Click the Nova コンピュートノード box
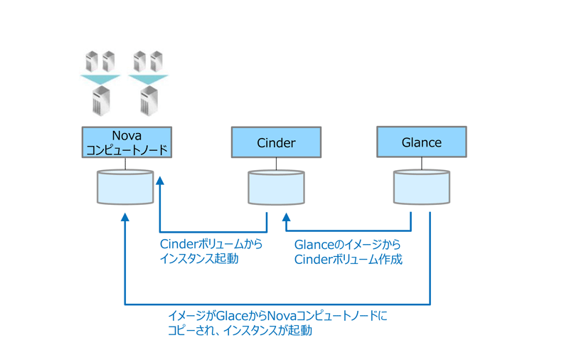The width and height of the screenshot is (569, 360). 127,142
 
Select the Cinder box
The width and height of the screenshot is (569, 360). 276,142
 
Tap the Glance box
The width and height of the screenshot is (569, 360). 422,142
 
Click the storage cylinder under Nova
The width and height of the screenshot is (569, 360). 125,187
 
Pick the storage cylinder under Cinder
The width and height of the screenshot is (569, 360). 276,188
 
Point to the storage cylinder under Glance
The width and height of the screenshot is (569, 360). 422,187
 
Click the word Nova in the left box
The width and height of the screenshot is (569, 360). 127,136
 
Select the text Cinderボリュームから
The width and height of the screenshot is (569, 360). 211,244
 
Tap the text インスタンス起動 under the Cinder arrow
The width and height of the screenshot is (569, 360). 199,259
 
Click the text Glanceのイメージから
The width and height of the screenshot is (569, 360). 347,245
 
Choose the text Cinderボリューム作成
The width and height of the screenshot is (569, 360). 349,260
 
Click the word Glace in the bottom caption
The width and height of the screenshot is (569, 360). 232,316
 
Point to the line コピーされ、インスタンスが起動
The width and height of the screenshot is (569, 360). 240,331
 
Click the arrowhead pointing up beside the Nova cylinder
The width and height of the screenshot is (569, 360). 160,181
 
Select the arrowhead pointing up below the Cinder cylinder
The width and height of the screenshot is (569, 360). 287,217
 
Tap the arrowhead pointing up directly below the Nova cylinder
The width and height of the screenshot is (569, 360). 125,217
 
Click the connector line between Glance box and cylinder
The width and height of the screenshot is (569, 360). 422,164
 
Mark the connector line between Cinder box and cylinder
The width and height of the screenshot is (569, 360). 276,164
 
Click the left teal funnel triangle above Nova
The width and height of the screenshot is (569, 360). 100,79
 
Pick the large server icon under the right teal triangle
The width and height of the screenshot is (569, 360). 149,101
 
